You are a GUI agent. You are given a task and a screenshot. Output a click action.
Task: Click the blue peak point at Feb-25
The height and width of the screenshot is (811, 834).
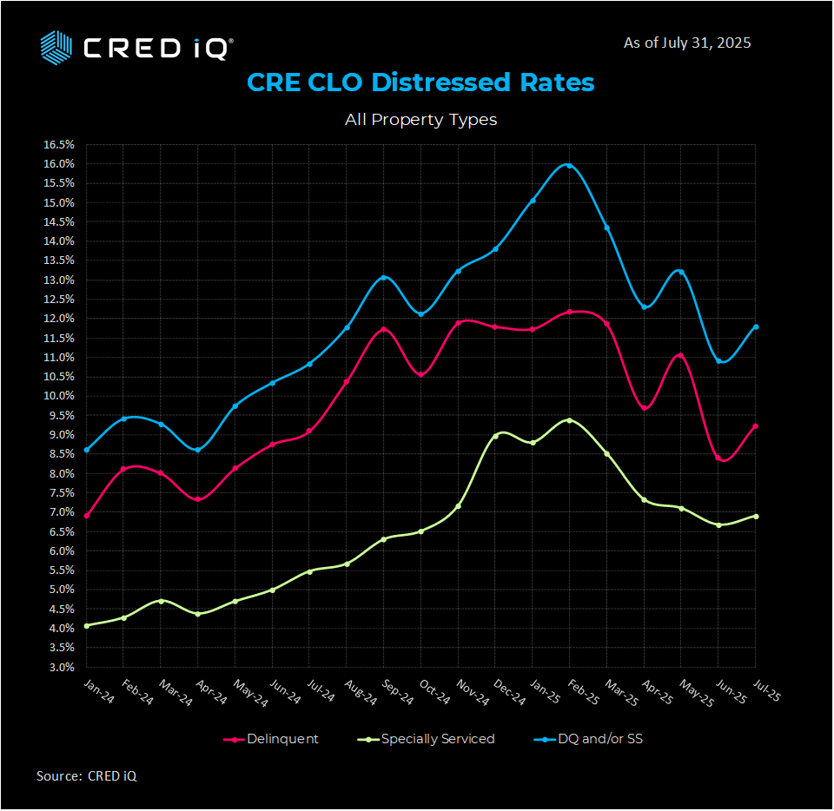(x=569, y=164)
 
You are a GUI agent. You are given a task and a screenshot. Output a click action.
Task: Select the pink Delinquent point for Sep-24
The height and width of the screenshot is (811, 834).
(x=383, y=329)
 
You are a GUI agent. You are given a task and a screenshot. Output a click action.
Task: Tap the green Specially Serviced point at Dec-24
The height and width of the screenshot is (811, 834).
(x=495, y=436)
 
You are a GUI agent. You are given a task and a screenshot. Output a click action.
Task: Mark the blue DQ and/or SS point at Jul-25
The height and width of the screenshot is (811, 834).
(x=756, y=326)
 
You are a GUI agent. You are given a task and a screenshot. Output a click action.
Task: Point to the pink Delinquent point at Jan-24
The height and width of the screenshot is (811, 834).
(x=86, y=516)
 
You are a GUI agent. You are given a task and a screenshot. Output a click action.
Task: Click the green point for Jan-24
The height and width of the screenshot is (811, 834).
(x=86, y=625)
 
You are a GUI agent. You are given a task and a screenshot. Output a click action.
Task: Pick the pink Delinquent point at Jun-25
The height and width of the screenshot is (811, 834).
(x=718, y=458)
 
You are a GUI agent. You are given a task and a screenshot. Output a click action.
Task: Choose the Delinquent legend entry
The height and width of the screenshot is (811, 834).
(x=272, y=739)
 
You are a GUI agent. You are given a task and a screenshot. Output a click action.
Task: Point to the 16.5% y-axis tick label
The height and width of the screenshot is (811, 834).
(x=59, y=144)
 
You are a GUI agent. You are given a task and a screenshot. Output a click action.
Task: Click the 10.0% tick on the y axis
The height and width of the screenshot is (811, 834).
(x=59, y=396)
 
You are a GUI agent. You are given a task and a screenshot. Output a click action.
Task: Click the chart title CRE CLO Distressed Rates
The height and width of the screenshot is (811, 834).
(x=420, y=82)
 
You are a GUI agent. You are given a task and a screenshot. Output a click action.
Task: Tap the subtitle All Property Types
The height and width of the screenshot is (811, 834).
(x=420, y=119)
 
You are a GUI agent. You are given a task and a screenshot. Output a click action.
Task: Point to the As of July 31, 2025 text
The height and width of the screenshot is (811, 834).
(x=687, y=43)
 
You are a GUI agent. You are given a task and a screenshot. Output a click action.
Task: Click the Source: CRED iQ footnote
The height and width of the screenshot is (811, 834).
(x=86, y=775)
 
